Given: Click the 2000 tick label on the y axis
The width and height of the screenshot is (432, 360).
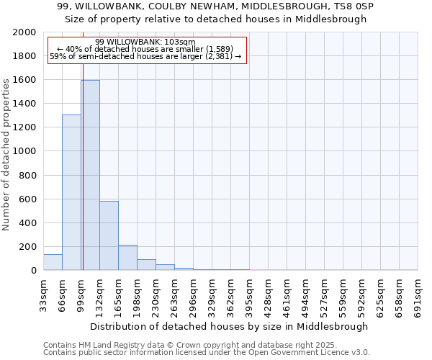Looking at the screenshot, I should (25, 32).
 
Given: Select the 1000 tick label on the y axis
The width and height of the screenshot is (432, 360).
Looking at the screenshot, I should (25, 151).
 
